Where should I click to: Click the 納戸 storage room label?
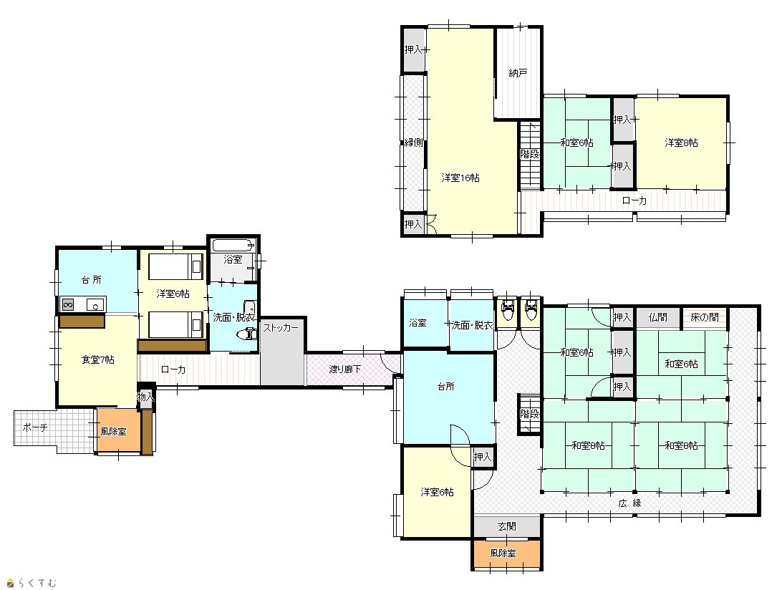pos(518,73)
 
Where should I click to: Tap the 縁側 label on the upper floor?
pos(413,142)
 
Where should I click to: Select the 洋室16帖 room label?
pos(460,178)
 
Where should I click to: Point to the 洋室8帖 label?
pos(681,142)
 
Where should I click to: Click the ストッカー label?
pos(281,328)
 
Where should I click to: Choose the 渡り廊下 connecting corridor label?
pos(344,369)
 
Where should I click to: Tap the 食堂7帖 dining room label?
pos(97,359)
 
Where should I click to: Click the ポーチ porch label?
pos(35,427)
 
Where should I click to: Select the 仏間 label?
pos(658,317)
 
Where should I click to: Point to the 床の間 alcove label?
pos(705,317)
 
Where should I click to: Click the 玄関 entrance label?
pos(507,526)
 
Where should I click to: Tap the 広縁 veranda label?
pos(630,503)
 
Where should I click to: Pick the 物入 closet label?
pos(145,397)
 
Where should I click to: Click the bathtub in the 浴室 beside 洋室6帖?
pos(233,245)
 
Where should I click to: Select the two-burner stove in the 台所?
pos(68,304)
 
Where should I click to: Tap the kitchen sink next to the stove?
pos(95,304)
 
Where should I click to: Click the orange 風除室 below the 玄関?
pos(507,553)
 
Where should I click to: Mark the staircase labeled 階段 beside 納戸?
pos(531,155)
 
